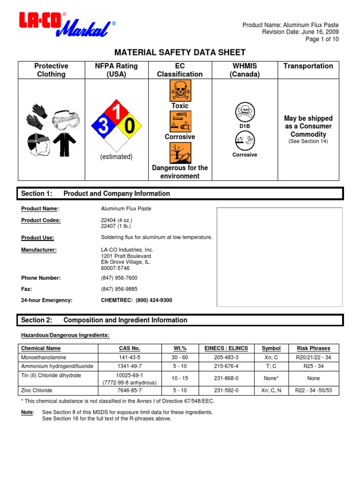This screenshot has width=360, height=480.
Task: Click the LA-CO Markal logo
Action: pos(66,25)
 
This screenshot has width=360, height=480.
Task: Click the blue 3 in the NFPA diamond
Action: pos(100,126)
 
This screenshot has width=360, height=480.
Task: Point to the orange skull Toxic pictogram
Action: pos(180,90)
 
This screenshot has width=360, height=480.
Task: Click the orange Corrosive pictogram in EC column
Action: pos(180,121)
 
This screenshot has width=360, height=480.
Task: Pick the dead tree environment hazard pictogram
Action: pos(180,153)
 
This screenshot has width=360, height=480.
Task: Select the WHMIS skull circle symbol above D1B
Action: pos(245,112)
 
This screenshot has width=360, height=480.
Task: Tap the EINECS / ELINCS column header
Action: pos(226,348)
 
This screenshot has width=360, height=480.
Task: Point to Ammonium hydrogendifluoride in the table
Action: pos(58,366)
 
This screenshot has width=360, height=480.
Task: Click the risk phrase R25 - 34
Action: pos(313,366)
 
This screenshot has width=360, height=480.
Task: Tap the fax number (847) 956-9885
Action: pos(120,289)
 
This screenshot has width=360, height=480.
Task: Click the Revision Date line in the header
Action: pos(300,32)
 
